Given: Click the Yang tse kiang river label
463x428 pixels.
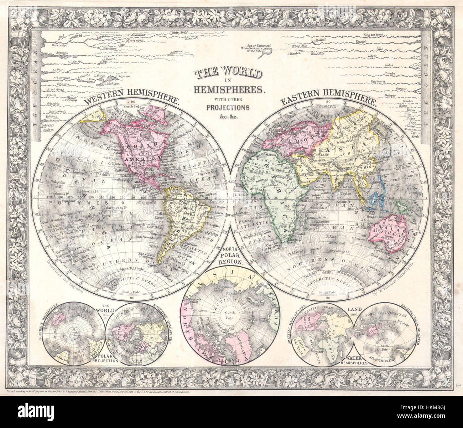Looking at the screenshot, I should tap(373, 35).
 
